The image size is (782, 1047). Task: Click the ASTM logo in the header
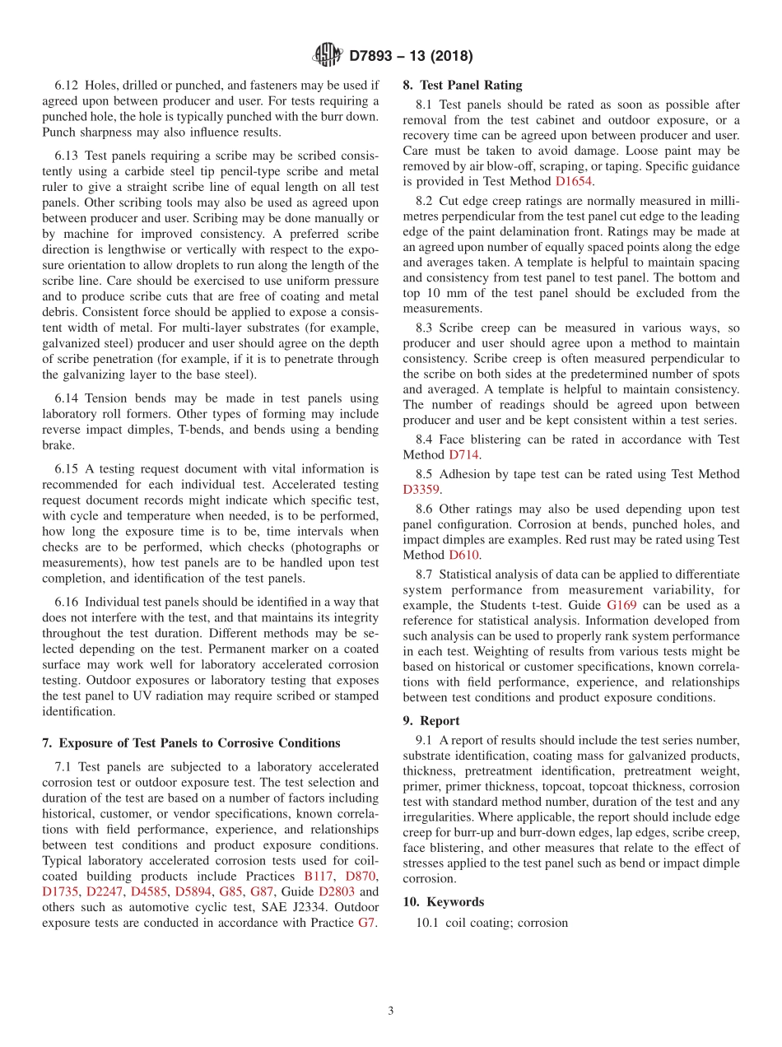coord(327,56)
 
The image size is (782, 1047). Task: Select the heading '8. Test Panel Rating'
coord(462,85)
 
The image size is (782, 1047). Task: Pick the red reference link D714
coord(463,454)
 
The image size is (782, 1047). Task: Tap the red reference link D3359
coord(421,489)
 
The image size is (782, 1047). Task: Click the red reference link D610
coord(463,555)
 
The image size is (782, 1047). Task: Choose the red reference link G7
coord(367,923)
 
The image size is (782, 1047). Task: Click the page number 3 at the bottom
coord(391,1012)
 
